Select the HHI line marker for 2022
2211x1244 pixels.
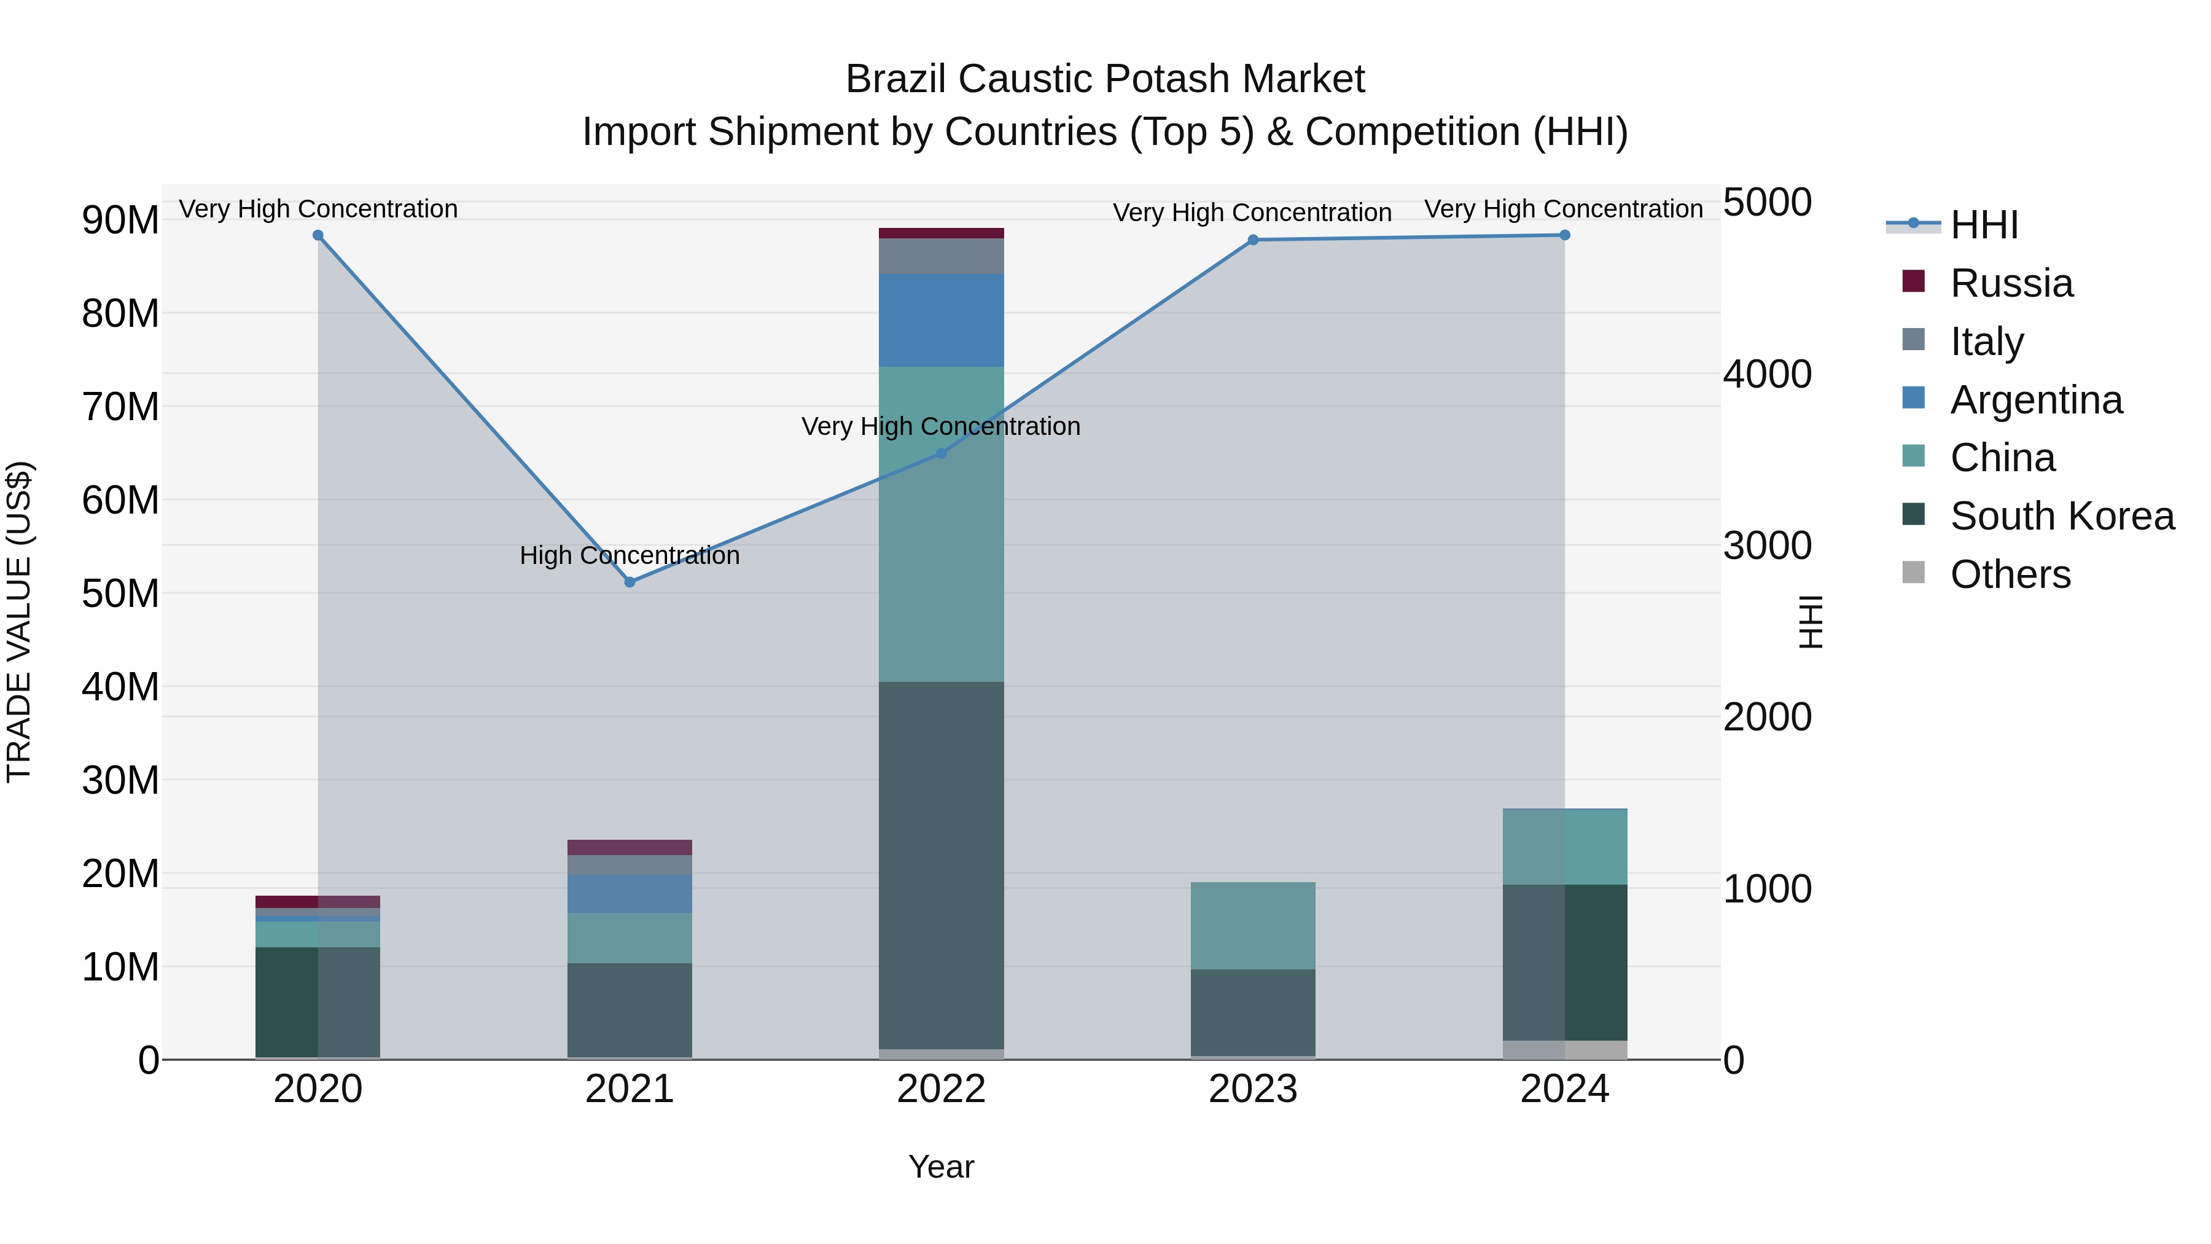[941, 453]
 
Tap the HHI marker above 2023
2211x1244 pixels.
[1252, 240]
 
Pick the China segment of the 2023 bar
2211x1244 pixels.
[1252, 926]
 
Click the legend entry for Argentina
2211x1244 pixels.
[2035, 400]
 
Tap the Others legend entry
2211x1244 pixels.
[2010, 574]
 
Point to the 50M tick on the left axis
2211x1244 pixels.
[120, 593]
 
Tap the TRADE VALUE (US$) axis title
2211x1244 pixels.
[19, 622]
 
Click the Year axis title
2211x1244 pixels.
[941, 1167]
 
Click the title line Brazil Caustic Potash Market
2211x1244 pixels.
[1105, 79]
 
